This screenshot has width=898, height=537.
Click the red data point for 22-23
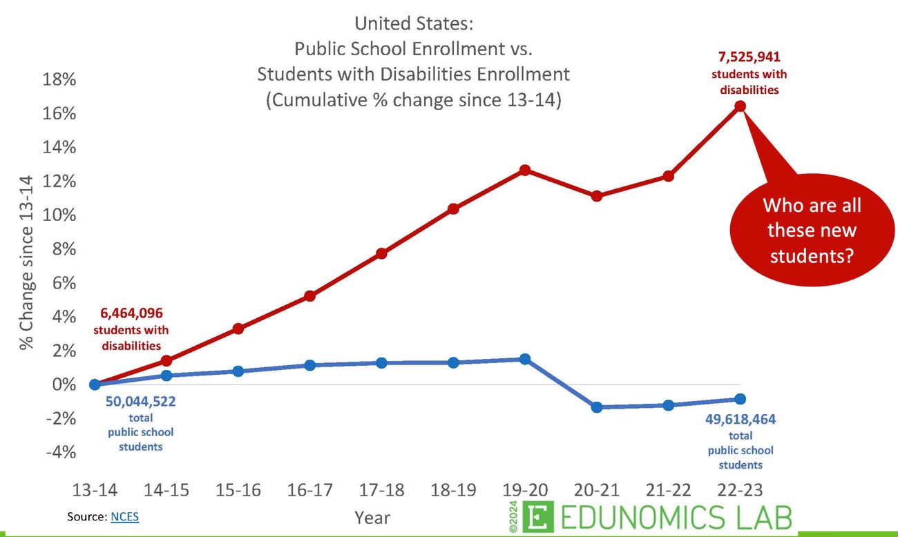click(740, 106)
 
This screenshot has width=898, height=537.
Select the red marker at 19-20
click(525, 170)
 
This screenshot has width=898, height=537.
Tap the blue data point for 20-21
click(597, 407)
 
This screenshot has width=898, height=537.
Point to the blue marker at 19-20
click(525, 359)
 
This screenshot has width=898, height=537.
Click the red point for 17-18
click(382, 253)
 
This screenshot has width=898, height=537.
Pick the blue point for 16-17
click(310, 364)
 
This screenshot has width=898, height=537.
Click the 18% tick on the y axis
click(57, 79)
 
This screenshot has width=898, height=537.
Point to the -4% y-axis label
click(57, 452)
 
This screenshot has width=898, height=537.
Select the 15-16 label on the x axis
click(238, 490)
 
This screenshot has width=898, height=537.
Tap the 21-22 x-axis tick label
click(668, 490)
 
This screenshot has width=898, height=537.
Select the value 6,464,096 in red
click(131, 313)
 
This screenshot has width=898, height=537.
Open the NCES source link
click(124, 516)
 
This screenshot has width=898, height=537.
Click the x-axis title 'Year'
click(372, 517)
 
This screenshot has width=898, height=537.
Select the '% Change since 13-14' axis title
click(26, 262)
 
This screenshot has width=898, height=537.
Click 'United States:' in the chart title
click(414, 24)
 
